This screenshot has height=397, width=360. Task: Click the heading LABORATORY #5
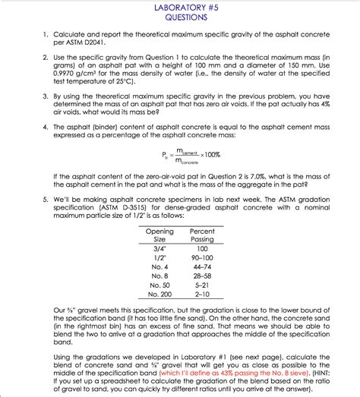coord(180,7)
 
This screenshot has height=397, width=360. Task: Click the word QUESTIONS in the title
coord(180,17)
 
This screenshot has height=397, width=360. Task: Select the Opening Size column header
coord(159,235)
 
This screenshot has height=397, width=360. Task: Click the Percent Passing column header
coord(201,235)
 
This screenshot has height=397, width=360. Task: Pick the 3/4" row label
coord(159,248)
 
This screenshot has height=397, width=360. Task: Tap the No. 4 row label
coord(159,266)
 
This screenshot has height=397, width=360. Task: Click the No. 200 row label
coord(159,294)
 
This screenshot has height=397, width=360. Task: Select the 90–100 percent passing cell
coord(201,257)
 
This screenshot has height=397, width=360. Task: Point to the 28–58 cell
coord(201,276)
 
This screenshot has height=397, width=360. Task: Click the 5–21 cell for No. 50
coord(201,285)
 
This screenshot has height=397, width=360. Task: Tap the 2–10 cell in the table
coord(201,294)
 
